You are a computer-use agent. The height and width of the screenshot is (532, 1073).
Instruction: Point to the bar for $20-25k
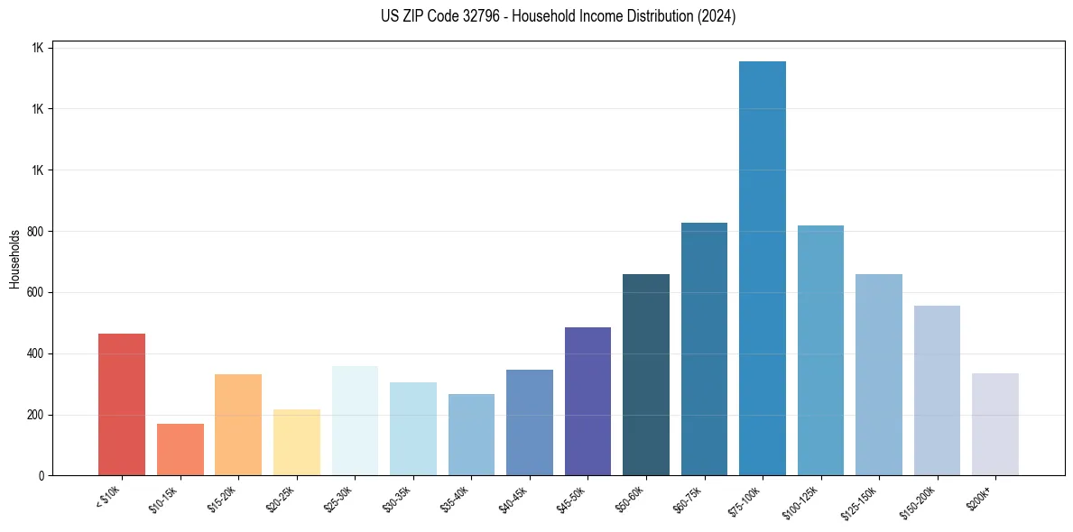tap(297, 442)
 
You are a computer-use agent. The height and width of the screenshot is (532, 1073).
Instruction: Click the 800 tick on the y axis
tap(35, 232)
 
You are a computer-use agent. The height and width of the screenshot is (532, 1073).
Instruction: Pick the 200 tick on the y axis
tap(35, 415)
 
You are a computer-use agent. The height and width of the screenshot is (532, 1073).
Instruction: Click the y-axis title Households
tap(14, 259)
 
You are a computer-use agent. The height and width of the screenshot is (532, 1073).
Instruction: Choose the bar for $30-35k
tap(413, 428)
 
